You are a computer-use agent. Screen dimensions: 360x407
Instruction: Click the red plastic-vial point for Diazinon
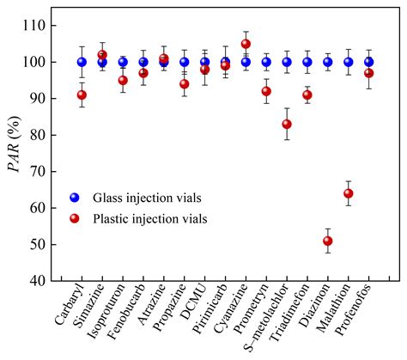328,241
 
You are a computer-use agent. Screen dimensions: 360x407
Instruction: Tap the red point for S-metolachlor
287,125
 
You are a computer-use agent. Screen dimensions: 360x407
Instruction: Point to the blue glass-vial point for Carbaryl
82,62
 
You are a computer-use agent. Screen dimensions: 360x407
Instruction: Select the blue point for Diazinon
328,62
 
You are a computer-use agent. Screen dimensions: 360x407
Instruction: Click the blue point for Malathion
349,62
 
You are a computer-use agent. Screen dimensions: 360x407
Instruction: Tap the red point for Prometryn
266,91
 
